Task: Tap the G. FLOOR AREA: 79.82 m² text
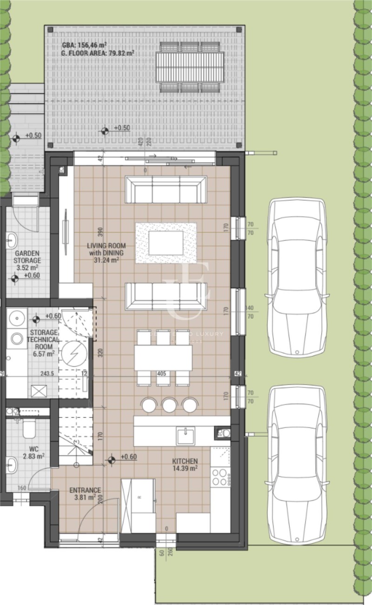(x=98, y=53)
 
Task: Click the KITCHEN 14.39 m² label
(x=185, y=464)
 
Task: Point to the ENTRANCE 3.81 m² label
(x=85, y=493)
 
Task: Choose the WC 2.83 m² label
(x=34, y=452)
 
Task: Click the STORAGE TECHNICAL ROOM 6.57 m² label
(x=43, y=343)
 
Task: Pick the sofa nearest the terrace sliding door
(x=166, y=190)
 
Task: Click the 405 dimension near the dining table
(x=161, y=373)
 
